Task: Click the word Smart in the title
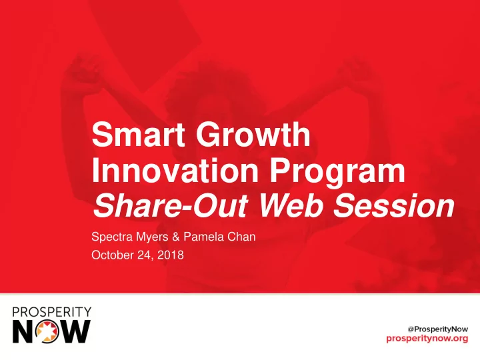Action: [x=138, y=134]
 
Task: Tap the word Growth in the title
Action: [x=253, y=134]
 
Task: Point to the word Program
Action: [x=337, y=173]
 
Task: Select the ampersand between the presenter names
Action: [x=176, y=237]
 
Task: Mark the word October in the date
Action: [x=113, y=255]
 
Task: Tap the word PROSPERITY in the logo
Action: [x=52, y=312]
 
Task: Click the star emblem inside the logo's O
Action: [x=47, y=332]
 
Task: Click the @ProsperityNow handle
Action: [x=438, y=329]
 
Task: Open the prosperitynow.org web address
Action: [x=427, y=339]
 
